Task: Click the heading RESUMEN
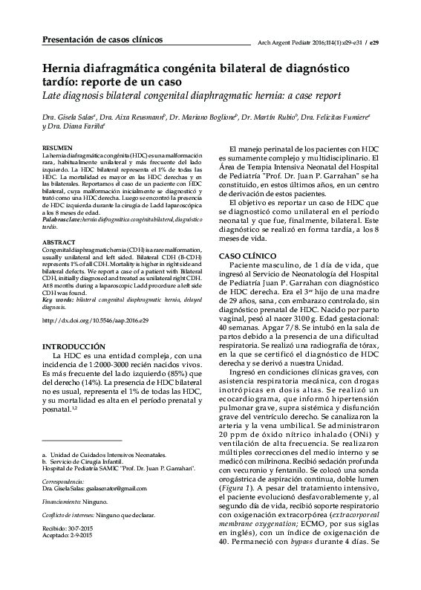click(x=59, y=149)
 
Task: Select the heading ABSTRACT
click(x=59, y=243)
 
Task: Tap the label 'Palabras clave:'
click(x=61, y=221)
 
